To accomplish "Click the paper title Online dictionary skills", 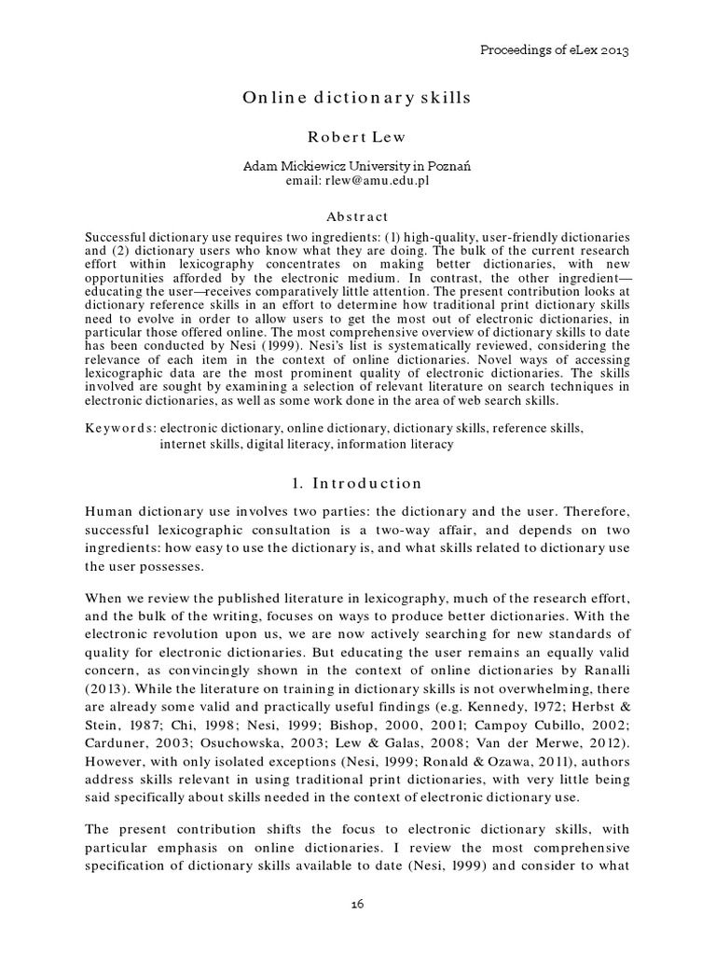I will tap(356, 98).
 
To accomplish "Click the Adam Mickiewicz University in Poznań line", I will tap(356, 166).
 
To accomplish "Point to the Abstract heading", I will tap(356, 215).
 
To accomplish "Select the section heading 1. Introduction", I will tap(356, 483).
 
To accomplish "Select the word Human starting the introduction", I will tap(110, 511).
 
